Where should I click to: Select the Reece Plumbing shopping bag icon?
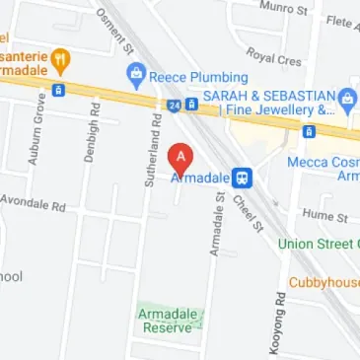pos(136,73)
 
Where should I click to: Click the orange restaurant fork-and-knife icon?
pos(59,58)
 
